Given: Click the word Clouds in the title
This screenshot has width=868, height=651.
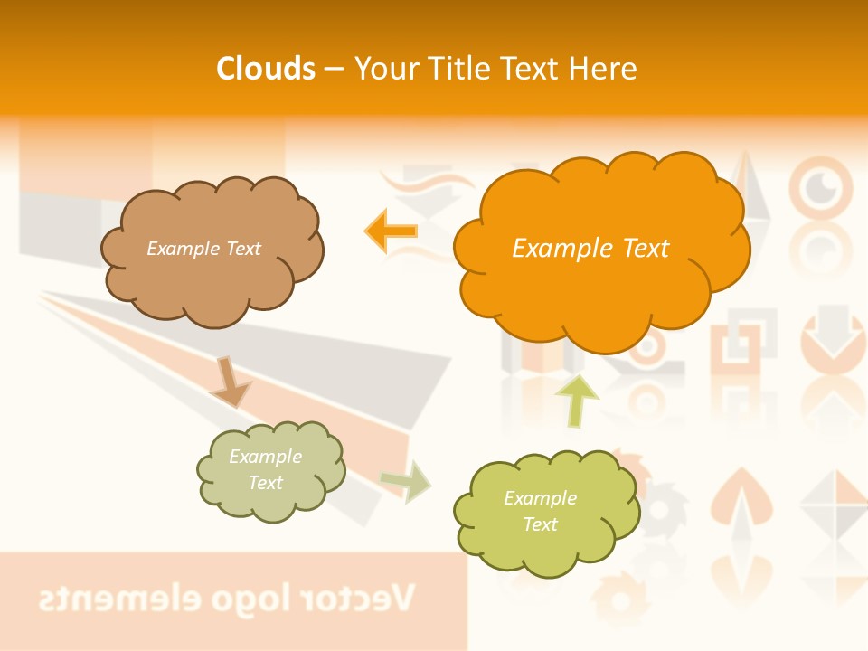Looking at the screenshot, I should pos(266,69).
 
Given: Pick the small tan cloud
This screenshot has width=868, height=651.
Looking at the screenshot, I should pos(270,470).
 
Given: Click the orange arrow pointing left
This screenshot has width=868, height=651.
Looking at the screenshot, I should pos(392,231).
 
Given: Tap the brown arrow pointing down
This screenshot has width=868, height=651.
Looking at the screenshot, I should pos(230,382).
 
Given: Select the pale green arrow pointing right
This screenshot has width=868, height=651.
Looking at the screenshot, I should pos(406,481).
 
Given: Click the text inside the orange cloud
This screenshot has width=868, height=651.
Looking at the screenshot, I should pos(590,249).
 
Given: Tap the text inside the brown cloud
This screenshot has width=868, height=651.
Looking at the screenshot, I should pos(203,249).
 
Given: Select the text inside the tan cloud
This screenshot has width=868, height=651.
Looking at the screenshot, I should pos(265,469).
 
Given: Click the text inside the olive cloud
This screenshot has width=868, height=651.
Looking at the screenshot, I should pos(540,511).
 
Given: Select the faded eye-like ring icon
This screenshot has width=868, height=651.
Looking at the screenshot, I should pos(820,188).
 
